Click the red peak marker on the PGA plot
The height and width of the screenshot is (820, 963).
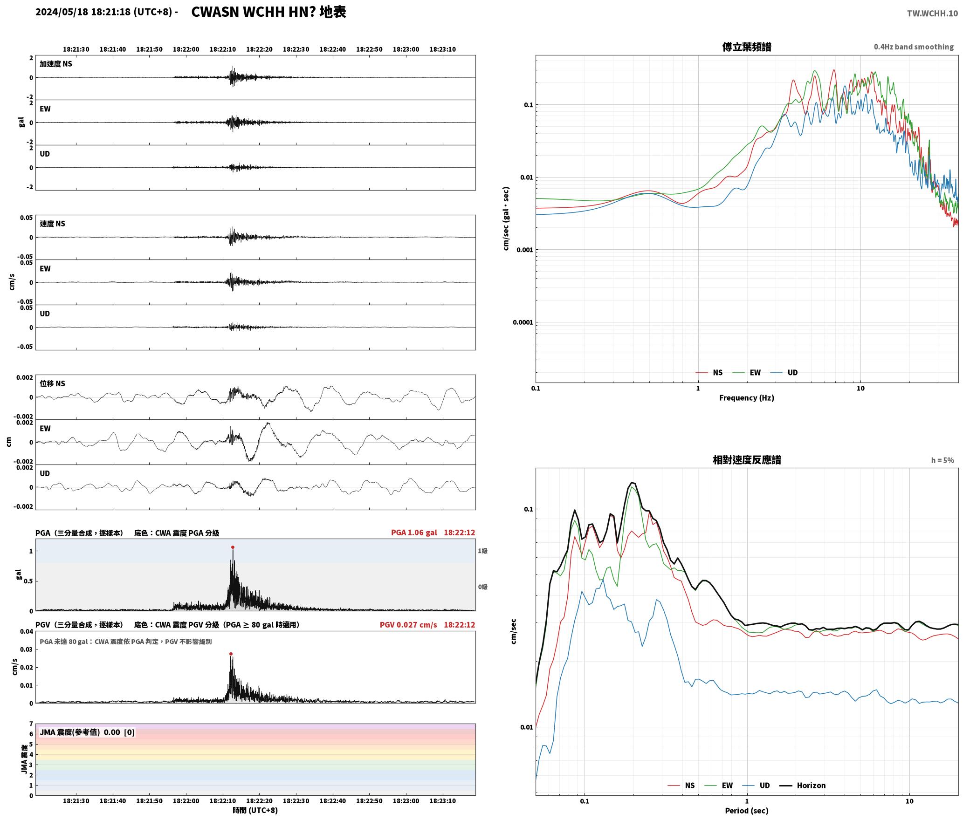click(233, 547)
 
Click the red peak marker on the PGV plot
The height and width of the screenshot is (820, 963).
click(231, 654)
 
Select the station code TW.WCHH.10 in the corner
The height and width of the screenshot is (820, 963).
click(932, 13)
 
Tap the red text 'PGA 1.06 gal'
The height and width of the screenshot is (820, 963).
click(414, 533)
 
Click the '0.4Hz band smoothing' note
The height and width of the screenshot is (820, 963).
click(914, 47)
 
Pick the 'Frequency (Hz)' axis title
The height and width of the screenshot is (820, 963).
click(746, 398)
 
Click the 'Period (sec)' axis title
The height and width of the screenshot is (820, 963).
click(746, 811)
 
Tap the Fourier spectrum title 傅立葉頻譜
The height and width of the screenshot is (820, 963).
click(746, 47)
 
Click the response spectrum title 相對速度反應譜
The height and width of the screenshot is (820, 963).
click(747, 460)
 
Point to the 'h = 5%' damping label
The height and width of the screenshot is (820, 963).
click(942, 460)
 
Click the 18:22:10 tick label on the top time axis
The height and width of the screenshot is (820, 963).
click(222, 49)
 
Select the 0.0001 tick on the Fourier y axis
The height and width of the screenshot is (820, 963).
click(523, 322)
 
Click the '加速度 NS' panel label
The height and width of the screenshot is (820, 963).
click(56, 64)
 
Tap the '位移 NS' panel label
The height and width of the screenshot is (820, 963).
click(52, 383)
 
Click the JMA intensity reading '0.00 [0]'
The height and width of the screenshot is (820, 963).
click(119, 732)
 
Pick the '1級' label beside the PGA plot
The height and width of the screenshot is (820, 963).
click(482, 551)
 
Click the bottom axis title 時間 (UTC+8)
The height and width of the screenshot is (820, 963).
click(255, 810)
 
